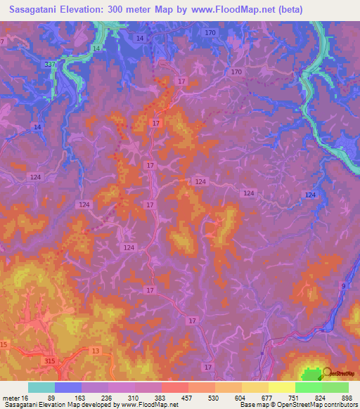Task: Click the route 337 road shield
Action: tap(49, 65)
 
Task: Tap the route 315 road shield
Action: tap(50, 361)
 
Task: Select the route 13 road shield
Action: tap(96, 350)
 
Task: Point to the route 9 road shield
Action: tap(343, 285)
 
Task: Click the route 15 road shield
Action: tap(4, 344)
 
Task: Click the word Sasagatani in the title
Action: tap(37, 10)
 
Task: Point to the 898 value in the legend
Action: tap(347, 398)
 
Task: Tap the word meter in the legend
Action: tap(11, 398)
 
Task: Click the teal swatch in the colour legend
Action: tap(41, 387)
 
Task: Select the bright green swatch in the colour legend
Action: tap(309, 387)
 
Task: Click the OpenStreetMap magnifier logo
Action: tap(326, 373)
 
